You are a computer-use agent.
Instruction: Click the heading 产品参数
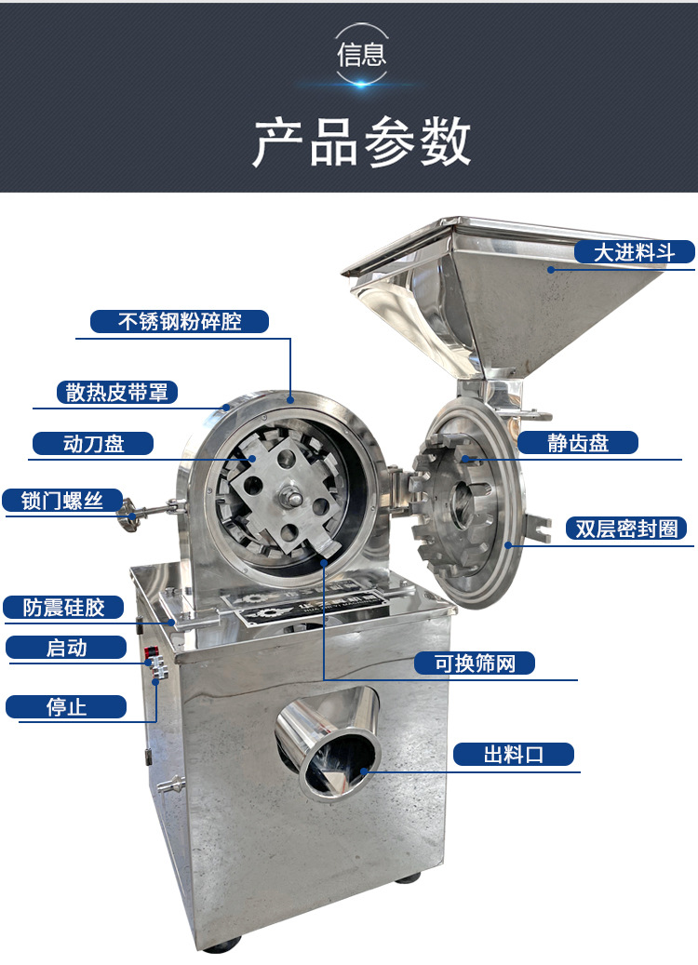coord(362,142)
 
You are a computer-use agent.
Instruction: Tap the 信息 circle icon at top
coord(362,54)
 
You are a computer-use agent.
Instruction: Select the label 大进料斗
coord(634,252)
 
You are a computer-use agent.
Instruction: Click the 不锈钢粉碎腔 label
coord(180,322)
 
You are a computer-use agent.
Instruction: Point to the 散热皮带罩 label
coord(116,392)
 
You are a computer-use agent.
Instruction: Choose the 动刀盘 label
coord(93,443)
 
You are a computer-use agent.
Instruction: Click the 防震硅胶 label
coord(64,609)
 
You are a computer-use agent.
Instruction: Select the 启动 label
coord(66,648)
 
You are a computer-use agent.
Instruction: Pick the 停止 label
coord(66,706)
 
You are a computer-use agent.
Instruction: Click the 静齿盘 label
coord(577,443)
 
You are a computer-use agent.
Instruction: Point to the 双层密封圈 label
coord(625,529)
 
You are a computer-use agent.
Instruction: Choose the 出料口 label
coord(513,754)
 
